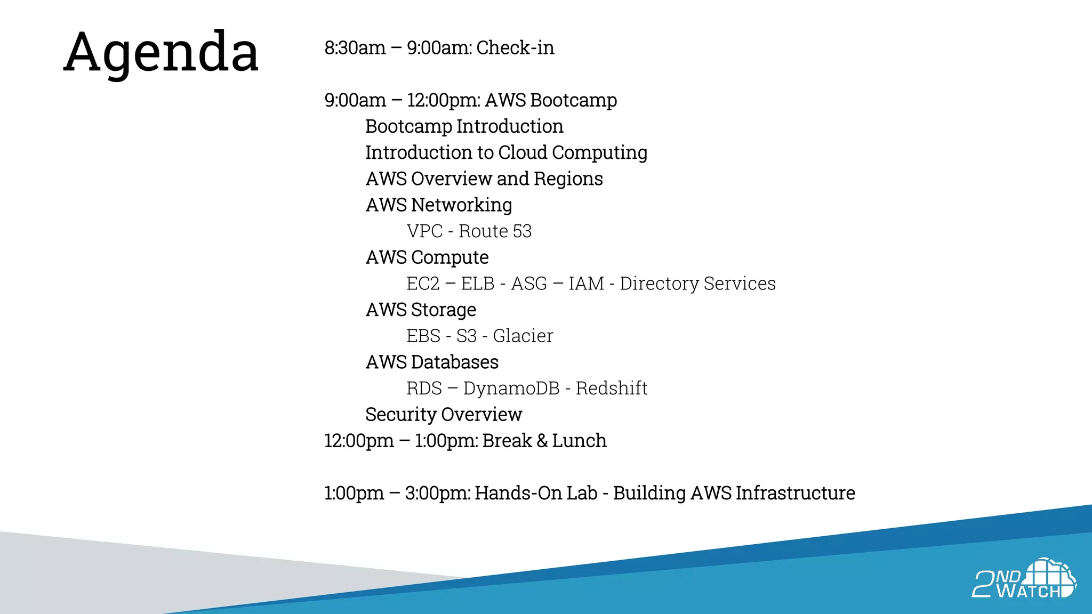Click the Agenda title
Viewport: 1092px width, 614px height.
pyautogui.click(x=161, y=52)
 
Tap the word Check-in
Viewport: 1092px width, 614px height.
pyautogui.click(x=515, y=48)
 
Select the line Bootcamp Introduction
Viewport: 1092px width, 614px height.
pyautogui.click(x=464, y=126)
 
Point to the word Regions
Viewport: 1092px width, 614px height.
pyautogui.click(x=568, y=179)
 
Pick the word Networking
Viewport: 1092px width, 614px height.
pyautogui.click(x=462, y=205)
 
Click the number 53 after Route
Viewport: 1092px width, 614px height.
pyautogui.click(x=522, y=231)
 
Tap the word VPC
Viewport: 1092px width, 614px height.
pyautogui.click(x=424, y=231)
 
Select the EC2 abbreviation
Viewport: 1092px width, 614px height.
pyautogui.click(x=423, y=284)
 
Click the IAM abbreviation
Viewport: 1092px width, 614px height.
pyautogui.click(x=586, y=284)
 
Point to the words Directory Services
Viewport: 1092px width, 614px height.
pyautogui.click(x=697, y=284)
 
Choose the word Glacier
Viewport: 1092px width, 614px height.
pyautogui.click(x=523, y=336)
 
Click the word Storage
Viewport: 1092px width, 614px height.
pyautogui.click(x=444, y=310)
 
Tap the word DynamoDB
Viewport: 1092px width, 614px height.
pyautogui.click(x=511, y=388)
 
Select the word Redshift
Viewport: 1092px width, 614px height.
pyautogui.click(x=611, y=388)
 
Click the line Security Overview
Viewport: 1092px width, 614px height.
pyautogui.click(x=444, y=415)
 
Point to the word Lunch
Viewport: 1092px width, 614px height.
pyautogui.click(x=579, y=441)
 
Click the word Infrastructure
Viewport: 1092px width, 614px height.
pyautogui.click(x=795, y=493)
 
